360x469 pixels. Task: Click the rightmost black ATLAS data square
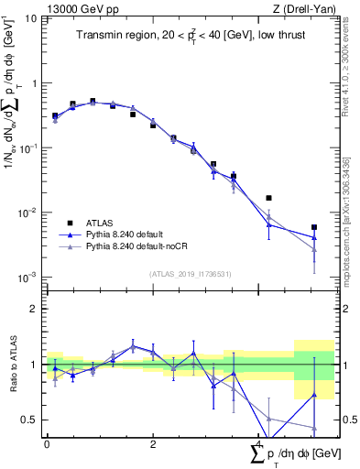[x=314, y=227]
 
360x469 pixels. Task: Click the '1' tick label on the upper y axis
[x=35, y=83]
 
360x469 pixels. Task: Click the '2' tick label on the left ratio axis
[x=35, y=309]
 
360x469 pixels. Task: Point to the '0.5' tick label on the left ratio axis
[x=30, y=420]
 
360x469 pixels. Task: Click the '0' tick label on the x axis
[x=47, y=443]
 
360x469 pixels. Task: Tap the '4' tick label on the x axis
[x=258, y=443]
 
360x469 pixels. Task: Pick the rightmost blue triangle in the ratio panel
[x=314, y=396]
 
